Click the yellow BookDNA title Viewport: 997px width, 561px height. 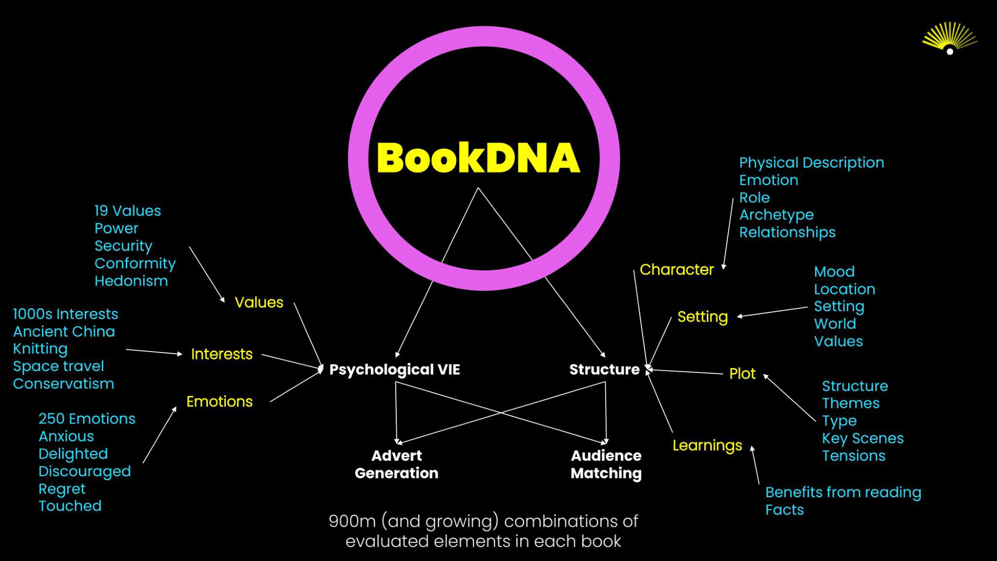pyautogui.click(x=478, y=158)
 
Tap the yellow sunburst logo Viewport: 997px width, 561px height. pyautogui.click(x=949, y=38)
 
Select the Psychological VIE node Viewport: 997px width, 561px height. pyautogui.click(x=394, y=370)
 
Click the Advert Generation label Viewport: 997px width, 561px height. pyautogui.click(x=396, y=464)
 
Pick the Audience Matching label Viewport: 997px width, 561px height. pyautogui.click(x=606, y=464)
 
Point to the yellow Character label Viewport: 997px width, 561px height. pyautogui.click(x=676, y=270)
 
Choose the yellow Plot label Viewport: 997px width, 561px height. pyautogui.click(x=742, y=374)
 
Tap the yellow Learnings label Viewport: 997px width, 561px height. pyautogui.click(x=707, y=445)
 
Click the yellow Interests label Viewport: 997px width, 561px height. pyautogui.click(x=222, y=354)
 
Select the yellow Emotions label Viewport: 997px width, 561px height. pyautogui.click(x=219, y=401)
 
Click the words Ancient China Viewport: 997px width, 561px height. pyautogui.click(x=64, y=332)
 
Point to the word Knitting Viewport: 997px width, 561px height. pyautogui.click(x=40, y=349)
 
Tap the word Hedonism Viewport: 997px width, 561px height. pyautogui.click(x=131, y=281)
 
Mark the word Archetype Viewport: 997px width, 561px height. pyautogui.click(x=776, y=215)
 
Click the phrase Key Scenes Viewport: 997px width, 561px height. pyautogui.click(x=862, y=438)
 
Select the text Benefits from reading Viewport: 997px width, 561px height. pyautogui.click(x=843, y=493)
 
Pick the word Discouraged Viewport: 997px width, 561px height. pyautogui.click(x=85, y=471)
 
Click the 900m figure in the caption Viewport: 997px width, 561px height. pyautogui.click(x=352, y=521)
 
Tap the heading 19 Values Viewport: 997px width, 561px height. pyautogui.click(x=128, y=211)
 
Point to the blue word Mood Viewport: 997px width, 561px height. pyautogui.click(x=834, y=272)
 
